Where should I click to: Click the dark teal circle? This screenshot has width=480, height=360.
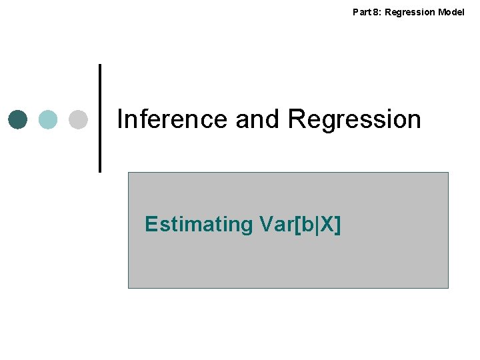(x=18, y=119)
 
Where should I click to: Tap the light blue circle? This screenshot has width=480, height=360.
(x=48, y=119)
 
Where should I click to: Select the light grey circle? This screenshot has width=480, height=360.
(x=78, y=119)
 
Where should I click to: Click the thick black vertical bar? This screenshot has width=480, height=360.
(x=100, y=118)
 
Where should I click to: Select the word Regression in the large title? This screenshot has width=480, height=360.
(x=354, y=119)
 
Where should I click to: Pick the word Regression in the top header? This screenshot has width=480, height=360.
(x=410, y=12)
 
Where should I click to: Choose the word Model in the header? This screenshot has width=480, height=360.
(x=452, y=12)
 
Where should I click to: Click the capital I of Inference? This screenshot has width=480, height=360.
(x=120, y=119)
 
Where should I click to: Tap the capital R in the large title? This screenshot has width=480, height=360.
(x=297, y=119)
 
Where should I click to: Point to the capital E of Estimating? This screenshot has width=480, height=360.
(x=151, y=225)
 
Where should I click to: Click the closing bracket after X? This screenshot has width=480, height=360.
(x=337, y=225)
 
